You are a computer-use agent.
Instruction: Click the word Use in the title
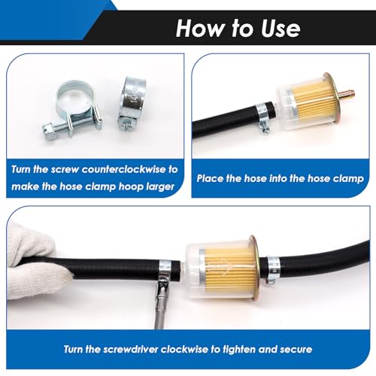pyautogui.click(x=280, y=29)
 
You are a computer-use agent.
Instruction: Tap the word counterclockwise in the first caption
pyautogui.click(x=125, y=170)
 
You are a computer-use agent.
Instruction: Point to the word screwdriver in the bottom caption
pyautogui.click(x=130, y=349)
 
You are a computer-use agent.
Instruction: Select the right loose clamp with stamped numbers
pyautogui.click(x=132, y=103)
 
